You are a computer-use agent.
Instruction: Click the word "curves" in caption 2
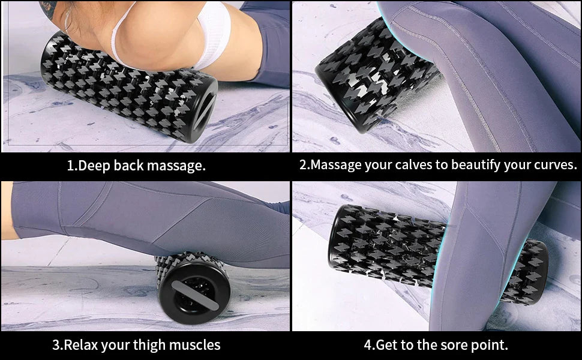555,165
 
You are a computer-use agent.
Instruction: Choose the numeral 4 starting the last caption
368,345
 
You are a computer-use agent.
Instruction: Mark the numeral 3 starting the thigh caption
56,345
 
